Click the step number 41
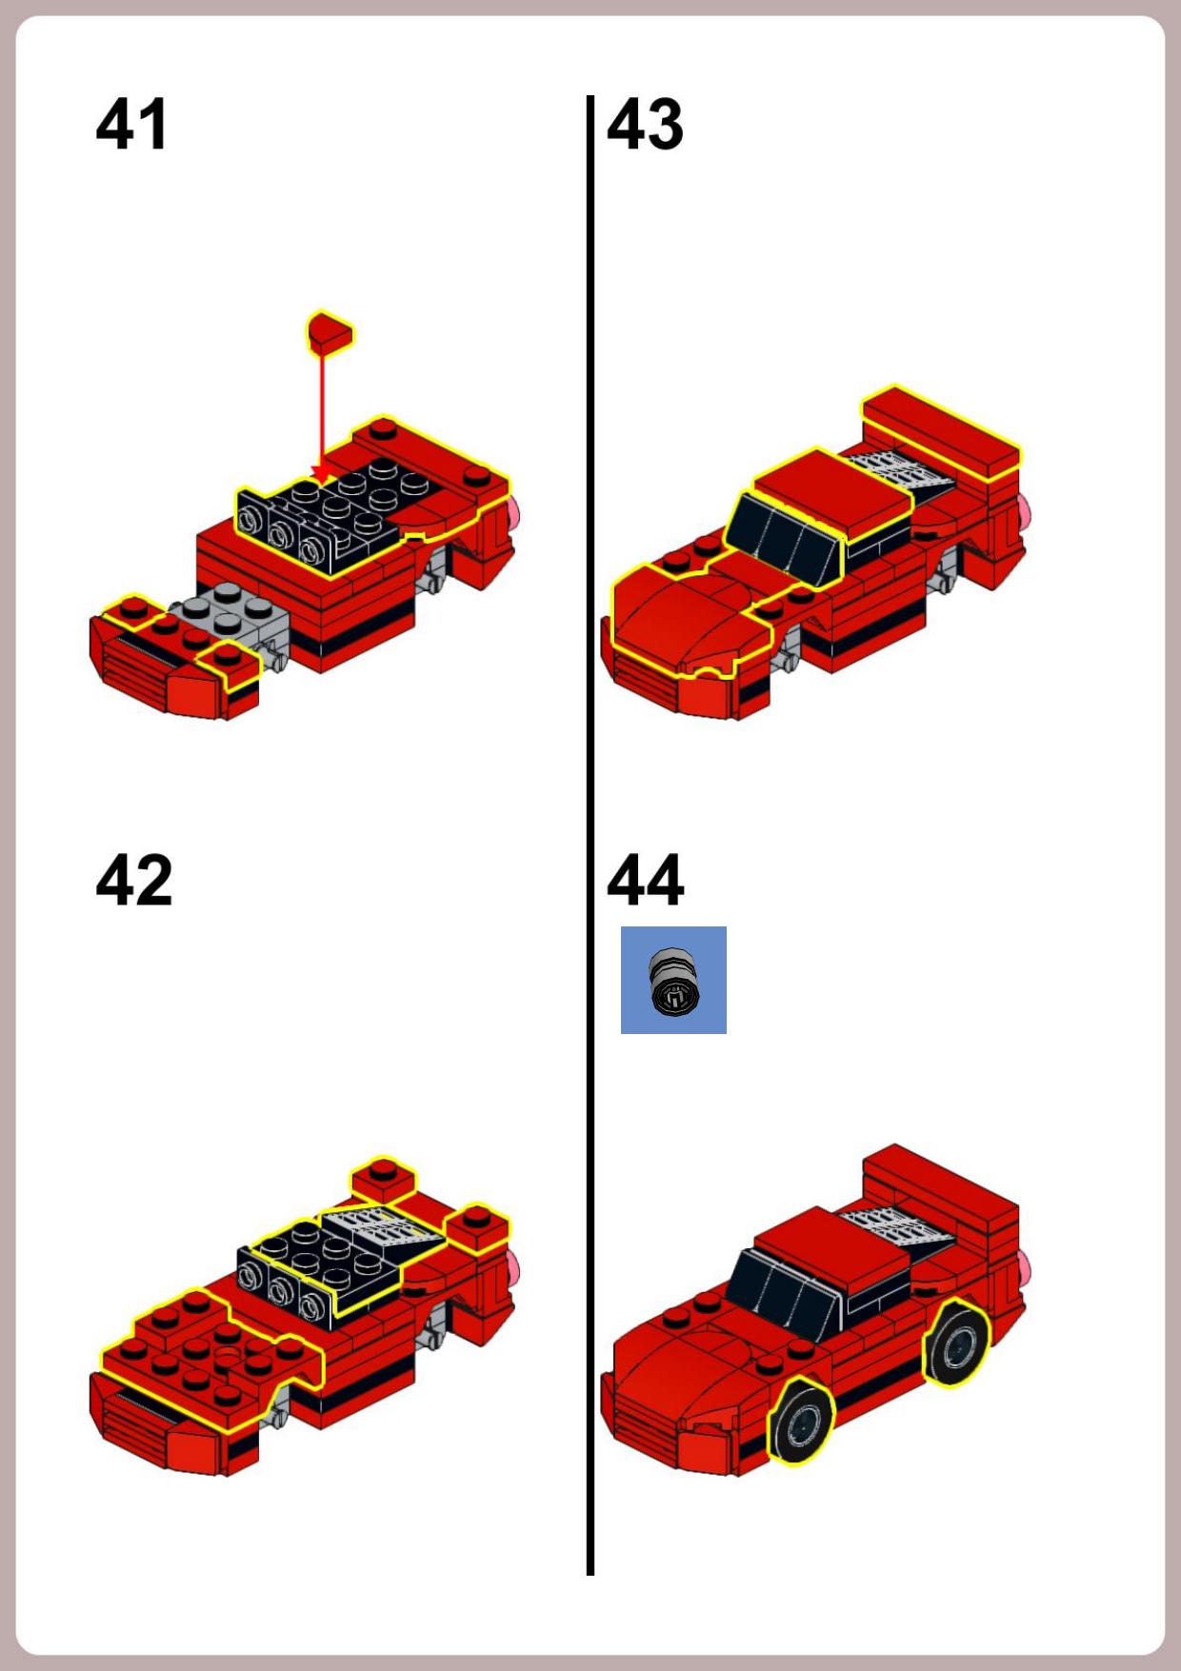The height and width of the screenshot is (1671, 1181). pyautogui.click(x=132, y=124)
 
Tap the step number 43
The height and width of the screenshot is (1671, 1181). pyautogui.click(x=646, y=124)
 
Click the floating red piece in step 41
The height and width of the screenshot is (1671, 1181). pyautogui.click(x=330, y=332)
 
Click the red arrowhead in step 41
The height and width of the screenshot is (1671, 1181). pyautogui.click(x=322, y=475)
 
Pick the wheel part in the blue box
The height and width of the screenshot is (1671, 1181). pyautogui.click(x=673, y=982)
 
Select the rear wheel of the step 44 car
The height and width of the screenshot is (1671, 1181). pyautogui.click(x=956, y=1343)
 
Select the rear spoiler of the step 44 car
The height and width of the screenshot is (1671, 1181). pyautogui.click(x=941, y=1190)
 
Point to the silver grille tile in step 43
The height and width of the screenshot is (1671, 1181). pyautogui.click(x=898, y=470)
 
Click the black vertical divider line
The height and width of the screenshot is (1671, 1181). pyautogui.click(x=590, y=835)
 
